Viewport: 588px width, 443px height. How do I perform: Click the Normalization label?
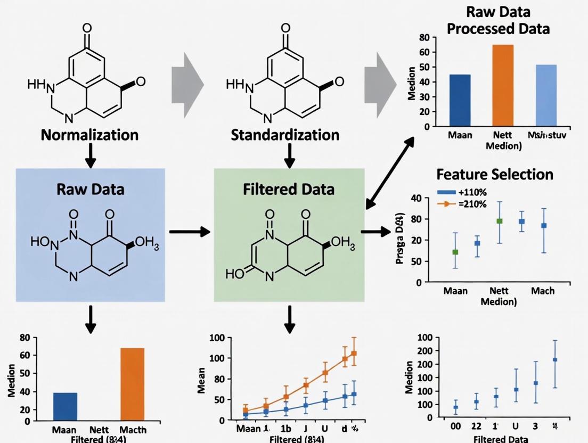(x=90, y=134)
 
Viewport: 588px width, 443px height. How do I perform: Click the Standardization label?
(x=285, y=134)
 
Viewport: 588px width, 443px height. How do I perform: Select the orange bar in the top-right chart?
(x=503, y=86)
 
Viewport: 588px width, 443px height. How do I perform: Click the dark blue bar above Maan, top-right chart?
(x=460, y=100)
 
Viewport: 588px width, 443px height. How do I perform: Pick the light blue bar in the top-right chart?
(x=546, y=95)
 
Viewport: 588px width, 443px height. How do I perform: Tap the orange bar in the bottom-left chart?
(x=133, y=384)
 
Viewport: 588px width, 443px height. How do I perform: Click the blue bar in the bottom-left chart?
(x=66, y=406)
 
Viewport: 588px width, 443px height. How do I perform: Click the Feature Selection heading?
(x=495, y=174)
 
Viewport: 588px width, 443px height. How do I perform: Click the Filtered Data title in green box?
(x=289, y=189)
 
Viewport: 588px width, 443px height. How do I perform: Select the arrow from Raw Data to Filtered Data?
(x=189, y=232)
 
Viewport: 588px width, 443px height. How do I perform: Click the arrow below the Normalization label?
(x=91, y=156)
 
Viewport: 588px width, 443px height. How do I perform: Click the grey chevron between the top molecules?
(x=187, y=85)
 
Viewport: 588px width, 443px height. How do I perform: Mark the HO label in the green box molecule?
(x=235, y=275)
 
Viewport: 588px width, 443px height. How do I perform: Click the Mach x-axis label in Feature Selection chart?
(x=543, y=291)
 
